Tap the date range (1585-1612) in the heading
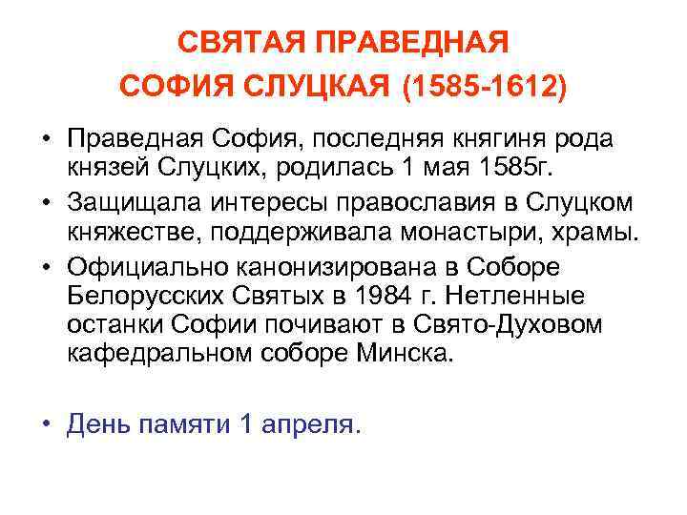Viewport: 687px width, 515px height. click(x=484, y=88)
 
